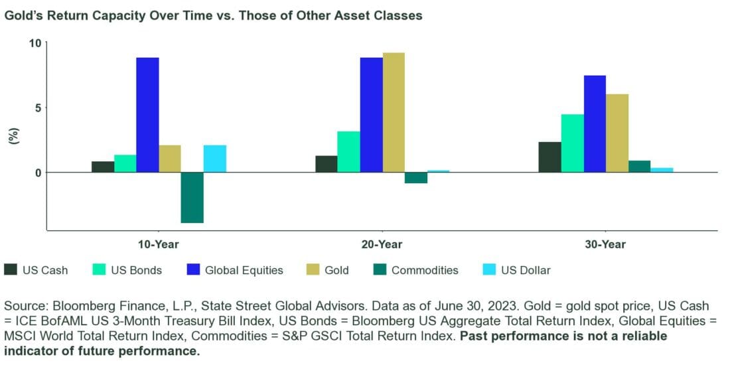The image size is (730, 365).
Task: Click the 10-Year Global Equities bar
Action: click(147, 115)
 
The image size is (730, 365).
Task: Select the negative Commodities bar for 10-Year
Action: click(192, 197)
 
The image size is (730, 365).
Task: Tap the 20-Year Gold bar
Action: click(394, 112)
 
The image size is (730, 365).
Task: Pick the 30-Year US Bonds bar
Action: click(572, 143)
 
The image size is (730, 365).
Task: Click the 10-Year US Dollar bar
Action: click(214, 159)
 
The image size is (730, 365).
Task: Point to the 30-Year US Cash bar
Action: click(549, 157)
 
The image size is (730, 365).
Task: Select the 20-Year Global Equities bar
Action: click(371, 115)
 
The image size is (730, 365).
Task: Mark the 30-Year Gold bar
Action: click(617, 133)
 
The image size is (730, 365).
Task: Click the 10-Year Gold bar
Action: click(170, 159)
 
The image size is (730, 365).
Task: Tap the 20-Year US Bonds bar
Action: click(348, 152)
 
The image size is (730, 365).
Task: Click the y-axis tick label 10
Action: click(35, 43)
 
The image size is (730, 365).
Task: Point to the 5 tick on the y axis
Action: click(38, 108)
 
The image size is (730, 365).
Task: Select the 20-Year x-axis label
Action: click(382, 244)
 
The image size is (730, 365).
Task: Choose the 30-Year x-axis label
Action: click(606, 244)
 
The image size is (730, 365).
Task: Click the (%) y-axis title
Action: click(12, 135)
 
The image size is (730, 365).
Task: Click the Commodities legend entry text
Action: click(425, 270)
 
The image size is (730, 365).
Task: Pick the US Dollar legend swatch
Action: click(488, 269)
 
